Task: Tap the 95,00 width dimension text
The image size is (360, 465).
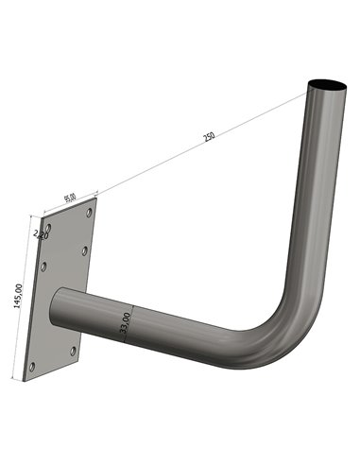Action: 70,198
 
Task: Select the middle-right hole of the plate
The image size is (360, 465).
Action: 85,251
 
